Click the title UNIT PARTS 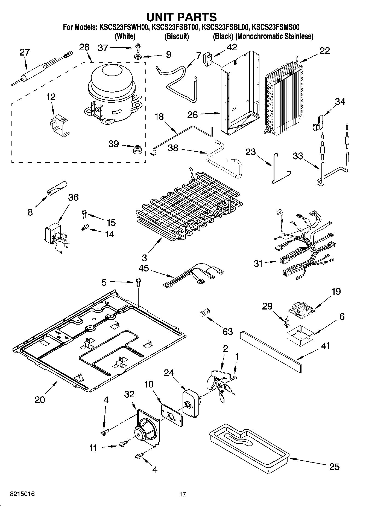click(x=181, y=17)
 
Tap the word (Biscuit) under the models click(x=177, y=36)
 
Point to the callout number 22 click(x=324, y=51)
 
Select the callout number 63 click(x=227, y=331)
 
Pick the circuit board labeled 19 click(x=301, y=311)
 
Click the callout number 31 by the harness click(x=258, y=264)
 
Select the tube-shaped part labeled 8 click(x=56, y=188)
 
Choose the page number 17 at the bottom click(x=183, y=494)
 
